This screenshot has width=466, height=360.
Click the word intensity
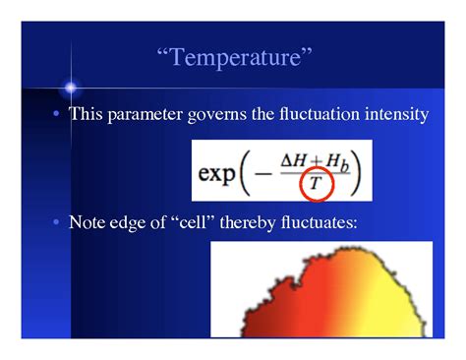pos(393,115)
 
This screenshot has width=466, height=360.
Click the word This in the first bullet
pos(87,115)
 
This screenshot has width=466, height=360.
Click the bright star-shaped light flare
pos(70,88)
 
